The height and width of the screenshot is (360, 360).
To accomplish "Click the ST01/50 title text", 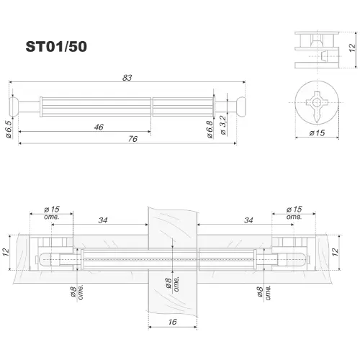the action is coord(56,47).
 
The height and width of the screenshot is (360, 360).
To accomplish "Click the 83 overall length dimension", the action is coord(127,78).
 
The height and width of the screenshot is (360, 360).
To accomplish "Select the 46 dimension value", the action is coord(99,127).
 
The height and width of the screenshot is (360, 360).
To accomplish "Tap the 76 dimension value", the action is coord(132,139).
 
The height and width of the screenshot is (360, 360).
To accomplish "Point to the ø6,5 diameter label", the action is coord(9,129).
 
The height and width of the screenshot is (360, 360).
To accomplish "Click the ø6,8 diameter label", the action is coord(210,130).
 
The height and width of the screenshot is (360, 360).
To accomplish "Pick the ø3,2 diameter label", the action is coord(223,125).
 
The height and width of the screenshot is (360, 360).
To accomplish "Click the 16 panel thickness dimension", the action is coord(172,322).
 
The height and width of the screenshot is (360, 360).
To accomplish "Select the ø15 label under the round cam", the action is coord(317,132).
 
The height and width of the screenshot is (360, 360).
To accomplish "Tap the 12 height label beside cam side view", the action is coord(352,48).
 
